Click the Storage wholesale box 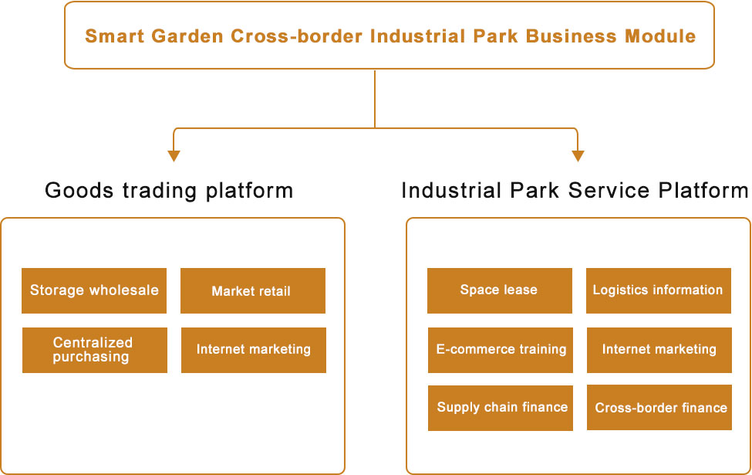coord(94,290)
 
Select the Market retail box coord(252,291)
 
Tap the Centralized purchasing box coord(94,350)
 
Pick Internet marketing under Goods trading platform coord(253,350)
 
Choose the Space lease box coord(499,290)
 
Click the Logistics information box coord(658,290)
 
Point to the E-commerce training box coord(501,349)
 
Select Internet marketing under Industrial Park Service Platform coord(659,349)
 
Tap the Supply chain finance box coord(501,407)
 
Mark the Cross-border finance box coord(659,407)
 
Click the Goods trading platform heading coord(169,190)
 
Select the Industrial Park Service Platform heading coord(575,190)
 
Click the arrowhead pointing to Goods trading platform coord(174,156)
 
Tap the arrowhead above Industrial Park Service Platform coord(578,156)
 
